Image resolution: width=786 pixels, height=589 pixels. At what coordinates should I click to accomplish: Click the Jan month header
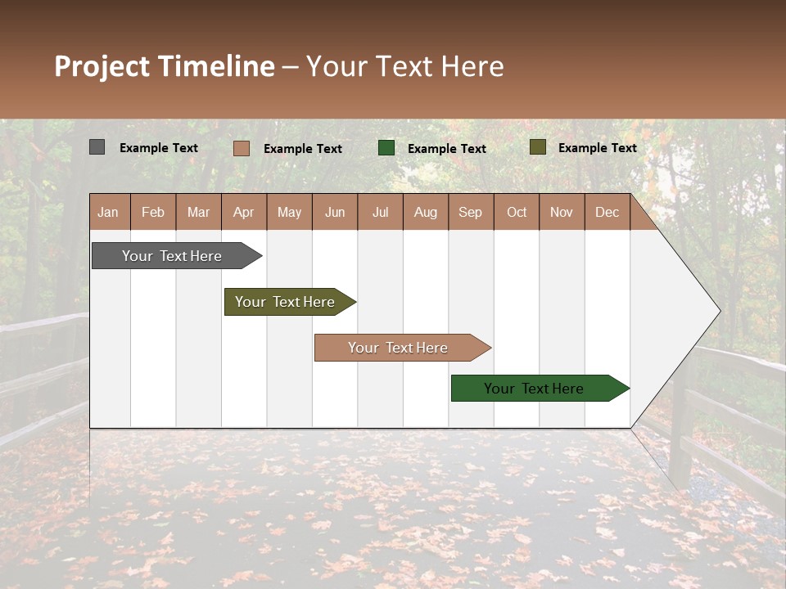tap(109, 212)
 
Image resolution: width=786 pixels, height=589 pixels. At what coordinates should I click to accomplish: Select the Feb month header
tap(153, 212)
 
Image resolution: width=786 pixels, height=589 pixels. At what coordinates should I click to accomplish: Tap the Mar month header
tap(198, 212)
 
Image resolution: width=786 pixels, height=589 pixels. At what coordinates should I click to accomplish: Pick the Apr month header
tap(244, 212)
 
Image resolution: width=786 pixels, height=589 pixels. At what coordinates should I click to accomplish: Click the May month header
tap(289, 212)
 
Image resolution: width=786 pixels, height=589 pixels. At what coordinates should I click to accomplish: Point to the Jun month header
tap(335, 212)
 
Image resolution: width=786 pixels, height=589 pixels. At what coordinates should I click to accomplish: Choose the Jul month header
tap(380, 212)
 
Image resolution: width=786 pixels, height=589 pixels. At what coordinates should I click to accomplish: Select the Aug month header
tap(426, 212)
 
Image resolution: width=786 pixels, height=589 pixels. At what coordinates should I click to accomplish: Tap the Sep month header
tap(471, 212)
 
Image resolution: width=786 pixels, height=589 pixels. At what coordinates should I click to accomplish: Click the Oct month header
tap(517, 212)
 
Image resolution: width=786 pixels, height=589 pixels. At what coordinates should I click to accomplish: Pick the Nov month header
tap(562, 212)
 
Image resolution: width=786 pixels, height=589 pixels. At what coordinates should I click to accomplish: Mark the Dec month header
tap(608, 212)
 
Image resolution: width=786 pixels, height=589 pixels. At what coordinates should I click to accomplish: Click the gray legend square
tap(97, 147)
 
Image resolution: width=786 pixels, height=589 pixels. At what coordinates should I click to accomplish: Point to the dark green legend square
tap(386, 148)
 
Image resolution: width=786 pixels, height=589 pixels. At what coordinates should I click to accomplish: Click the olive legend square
tap(537, 147)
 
